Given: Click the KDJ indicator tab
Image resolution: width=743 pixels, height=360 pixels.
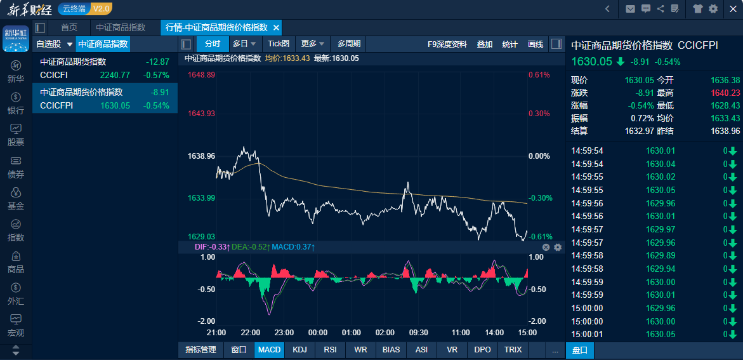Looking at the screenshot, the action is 299,350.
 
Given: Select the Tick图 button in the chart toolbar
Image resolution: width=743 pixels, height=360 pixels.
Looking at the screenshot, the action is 279,44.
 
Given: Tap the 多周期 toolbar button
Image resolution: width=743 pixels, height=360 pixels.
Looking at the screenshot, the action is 349,44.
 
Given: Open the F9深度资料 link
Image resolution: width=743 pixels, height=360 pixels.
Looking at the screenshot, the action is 447,44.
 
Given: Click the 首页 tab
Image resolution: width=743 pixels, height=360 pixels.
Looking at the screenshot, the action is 69,27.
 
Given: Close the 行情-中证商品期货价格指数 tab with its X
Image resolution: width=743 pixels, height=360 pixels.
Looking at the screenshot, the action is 276,27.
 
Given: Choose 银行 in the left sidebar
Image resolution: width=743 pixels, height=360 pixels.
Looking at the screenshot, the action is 16,103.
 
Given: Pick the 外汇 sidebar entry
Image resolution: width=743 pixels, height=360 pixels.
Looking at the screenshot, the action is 16,293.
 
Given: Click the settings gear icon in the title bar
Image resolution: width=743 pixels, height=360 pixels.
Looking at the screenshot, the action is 713,8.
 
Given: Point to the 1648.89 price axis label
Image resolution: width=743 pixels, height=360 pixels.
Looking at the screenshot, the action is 201,75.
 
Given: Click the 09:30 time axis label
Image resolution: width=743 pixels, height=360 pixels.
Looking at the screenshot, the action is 418,332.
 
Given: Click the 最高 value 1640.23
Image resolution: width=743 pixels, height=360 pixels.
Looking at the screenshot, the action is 725,93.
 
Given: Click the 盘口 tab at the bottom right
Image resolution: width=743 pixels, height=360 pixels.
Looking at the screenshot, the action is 580,350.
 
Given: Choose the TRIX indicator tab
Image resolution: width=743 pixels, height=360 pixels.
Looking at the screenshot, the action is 513,350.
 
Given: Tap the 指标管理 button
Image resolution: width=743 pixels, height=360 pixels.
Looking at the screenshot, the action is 201,350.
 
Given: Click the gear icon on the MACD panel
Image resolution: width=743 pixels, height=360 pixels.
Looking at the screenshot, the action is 558,247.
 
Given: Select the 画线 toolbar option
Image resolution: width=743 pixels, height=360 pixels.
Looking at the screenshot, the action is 536,44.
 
